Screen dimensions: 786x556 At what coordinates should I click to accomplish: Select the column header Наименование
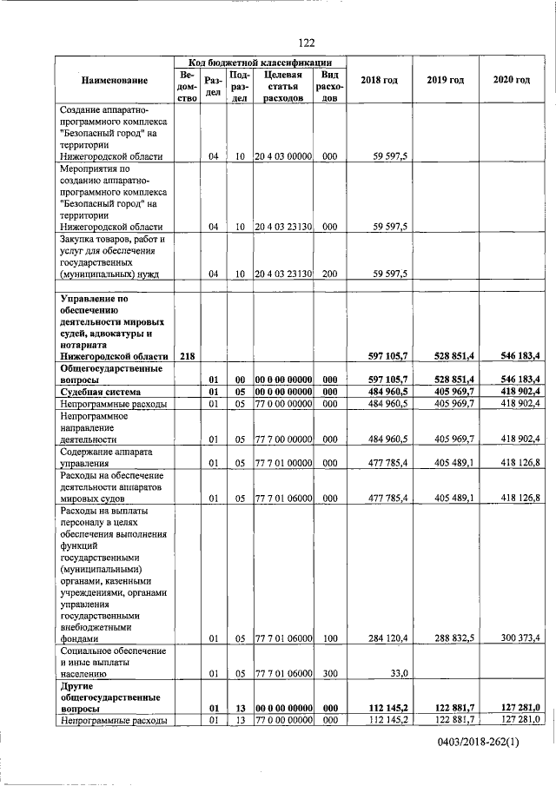pos(115,81)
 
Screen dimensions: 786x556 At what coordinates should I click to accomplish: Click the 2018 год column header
pos(379,81)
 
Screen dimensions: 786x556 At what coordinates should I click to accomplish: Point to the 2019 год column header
pos(445,81)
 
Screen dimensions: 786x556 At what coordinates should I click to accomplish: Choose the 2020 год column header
pos(511,81)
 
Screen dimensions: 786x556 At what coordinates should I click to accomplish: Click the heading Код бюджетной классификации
pos(261,63)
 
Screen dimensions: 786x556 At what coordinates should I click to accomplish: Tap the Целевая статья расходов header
pos(282,87)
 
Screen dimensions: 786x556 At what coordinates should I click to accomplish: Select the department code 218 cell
pos(188,356)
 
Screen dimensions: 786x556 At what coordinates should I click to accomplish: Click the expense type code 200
pos(329,274)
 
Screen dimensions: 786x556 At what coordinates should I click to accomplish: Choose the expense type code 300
pos(329,672)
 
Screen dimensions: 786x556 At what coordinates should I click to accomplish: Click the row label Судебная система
pos(97,392)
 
